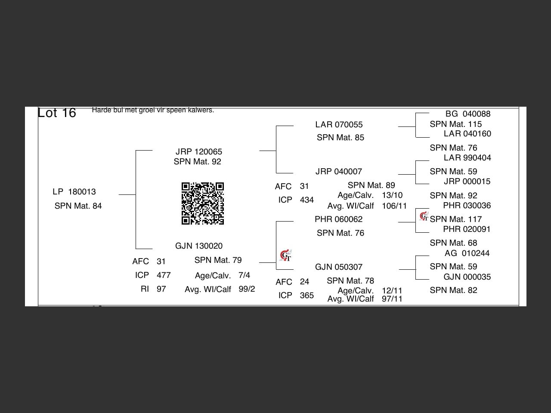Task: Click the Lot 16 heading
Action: [x=57, y=113]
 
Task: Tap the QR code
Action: [x=203, y=203]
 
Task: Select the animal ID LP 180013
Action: [x=74, y=192]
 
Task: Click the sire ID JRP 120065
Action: [x=198, y=152]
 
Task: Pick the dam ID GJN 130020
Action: [x=198, y=246]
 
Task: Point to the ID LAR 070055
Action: [x=339, y=125]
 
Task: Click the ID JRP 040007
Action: [x=339, y=172]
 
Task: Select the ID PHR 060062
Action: [x=339, y=219]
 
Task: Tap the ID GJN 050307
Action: [x=339, y=267]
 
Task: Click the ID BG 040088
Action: [x=467, y=114]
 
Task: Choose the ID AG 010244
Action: [x=467, y=253]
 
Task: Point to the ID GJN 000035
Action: [x=467, y=277]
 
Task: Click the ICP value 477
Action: [x=164, y=275]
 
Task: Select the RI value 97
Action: [x=161, y=289]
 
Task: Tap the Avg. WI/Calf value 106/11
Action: [x=394, y=206]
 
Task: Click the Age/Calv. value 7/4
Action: [x=244, y=275]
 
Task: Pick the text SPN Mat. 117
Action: [x=455, y=219]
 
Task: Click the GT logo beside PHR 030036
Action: [x=424, y=216]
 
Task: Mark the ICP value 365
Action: [x=307, y=296]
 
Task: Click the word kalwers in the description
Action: [x=201, y=110]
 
